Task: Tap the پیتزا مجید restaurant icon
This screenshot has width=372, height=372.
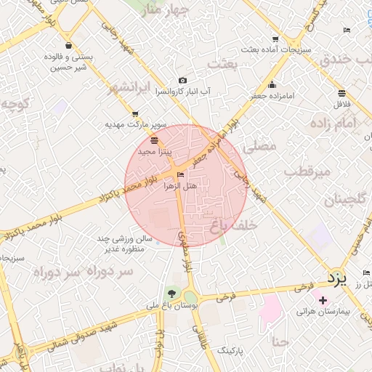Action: (153, 140)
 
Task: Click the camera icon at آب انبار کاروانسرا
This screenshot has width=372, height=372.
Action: (182, 81)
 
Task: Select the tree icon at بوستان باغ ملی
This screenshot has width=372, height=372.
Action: (171, 294)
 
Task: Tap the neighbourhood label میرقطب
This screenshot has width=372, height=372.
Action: (307, 171)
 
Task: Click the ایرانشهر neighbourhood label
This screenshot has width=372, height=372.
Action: (133, 89)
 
